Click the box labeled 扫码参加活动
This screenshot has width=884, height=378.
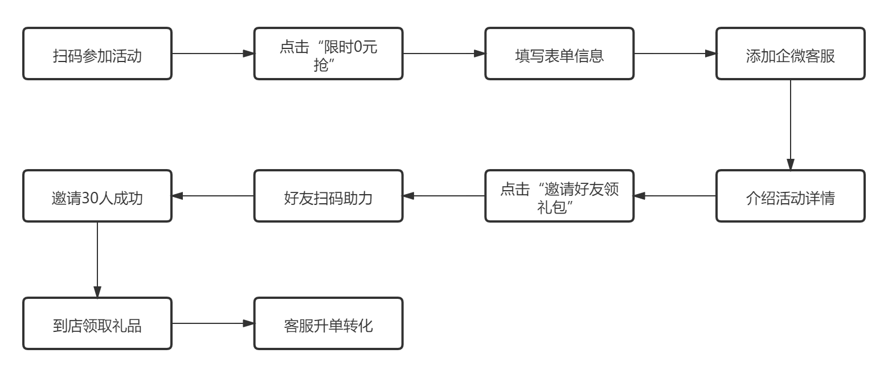(x=97, y=54)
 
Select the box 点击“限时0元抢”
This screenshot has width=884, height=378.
(x=328, y=54)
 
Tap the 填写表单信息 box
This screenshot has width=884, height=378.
(x=559, y=54)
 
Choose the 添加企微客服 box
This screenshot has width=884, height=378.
(x=790, y=54)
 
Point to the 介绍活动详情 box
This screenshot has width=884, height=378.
(x=790, y=196)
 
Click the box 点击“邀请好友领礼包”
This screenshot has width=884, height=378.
(x=559, y=196)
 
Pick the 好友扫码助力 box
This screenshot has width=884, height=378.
(x=328, y=196)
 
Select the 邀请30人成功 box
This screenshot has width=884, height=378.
(x=97, y=196)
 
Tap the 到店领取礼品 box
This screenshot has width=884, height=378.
(x=97, y=323)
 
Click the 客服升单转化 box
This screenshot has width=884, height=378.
(x=328, y=323)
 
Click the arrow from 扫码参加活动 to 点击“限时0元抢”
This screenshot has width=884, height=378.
(x=213, y=54)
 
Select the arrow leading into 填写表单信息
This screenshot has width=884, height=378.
(x=444, y=54)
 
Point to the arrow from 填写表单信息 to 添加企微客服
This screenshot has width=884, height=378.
(x=675, y=54)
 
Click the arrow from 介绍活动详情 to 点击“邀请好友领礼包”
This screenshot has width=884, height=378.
(x=675, y=196)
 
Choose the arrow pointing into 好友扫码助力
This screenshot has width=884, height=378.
(x=444, y=196)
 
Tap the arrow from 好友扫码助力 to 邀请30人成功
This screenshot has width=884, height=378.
(x=213, y=196)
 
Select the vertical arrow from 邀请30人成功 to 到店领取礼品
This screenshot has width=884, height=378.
(x=97, y=259)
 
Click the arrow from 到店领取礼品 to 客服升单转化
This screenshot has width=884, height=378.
(x=213, y=323)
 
